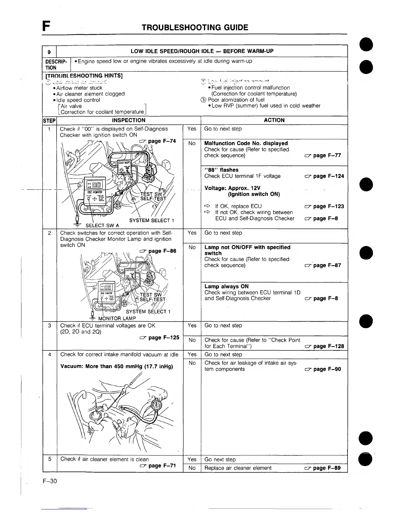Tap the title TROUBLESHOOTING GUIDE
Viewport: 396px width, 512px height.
tap(195, 27)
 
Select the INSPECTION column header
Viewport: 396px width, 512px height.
tap(128, 120)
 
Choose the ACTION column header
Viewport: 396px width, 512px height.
tap(274, 120)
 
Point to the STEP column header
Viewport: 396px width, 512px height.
tap(49, 121)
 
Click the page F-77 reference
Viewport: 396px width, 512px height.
tap(323, 155)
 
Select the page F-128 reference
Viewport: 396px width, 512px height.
tap(324, 346)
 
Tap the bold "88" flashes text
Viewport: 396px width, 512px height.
tap(221, 170)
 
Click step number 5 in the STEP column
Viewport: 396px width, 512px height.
tap(49, 459)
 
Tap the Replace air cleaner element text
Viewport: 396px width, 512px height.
tap(238, 468)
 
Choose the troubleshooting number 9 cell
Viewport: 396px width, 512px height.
tap(49, 52)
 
